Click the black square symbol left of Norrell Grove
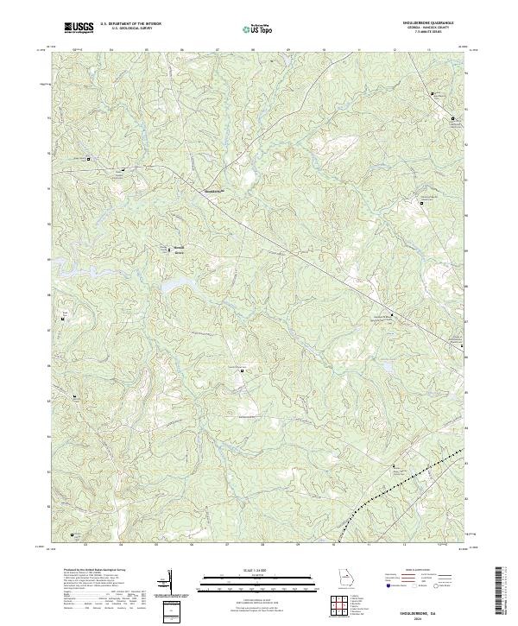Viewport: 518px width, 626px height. pos(168,250)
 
